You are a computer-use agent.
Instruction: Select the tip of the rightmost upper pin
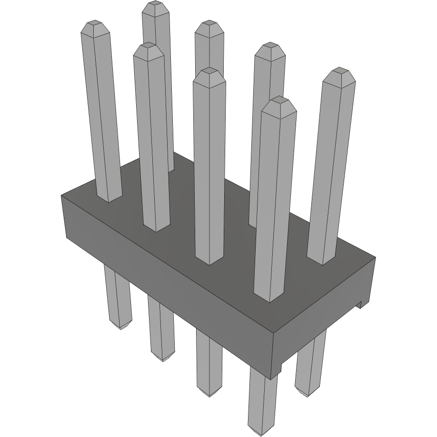[339, 70]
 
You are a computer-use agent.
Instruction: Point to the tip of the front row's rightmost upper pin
[278, 99]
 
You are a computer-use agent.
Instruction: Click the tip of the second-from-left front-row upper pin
[146, 45]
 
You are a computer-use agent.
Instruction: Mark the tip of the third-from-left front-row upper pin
[209, 70]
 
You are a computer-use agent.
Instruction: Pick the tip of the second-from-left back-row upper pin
[209, 23]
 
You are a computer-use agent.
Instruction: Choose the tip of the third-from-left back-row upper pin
[270, 46]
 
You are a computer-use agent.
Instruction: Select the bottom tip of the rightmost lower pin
[307, 394]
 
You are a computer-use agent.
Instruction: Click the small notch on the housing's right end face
[361, 304]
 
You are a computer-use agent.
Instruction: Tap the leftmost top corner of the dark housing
[62, 196]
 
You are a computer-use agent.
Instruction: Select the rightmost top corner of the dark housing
[376, 258]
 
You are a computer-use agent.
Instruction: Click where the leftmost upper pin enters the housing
[110, 199]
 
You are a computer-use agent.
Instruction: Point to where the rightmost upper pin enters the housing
[321, 262]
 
